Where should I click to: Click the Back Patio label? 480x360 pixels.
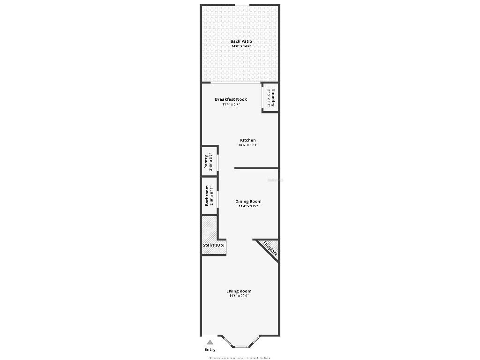(x=241, y=41)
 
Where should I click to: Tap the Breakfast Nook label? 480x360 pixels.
(x=231, y=99)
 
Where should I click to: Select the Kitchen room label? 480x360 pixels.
(x=248, y=140)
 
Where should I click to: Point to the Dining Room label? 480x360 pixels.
(x=248, y=202)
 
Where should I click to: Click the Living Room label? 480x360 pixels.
(x=239, y=291)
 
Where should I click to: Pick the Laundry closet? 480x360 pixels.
(x=270, y=98)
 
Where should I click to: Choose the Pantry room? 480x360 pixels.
(x=209, y=162)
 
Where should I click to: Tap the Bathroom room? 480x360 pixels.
(x=209, y=196)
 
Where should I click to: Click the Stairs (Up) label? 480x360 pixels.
(x=213, y=245)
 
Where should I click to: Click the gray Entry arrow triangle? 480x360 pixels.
(x=210, y=342)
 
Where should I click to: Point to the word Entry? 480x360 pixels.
(x=210, y=350)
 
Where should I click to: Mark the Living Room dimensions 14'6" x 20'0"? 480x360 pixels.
(x=239, y=296)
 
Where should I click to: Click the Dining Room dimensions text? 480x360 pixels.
(x=248, y=206)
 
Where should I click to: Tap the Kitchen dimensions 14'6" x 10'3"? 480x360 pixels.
(x=248, y=145)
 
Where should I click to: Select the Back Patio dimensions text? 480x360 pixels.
(x=241, y=46)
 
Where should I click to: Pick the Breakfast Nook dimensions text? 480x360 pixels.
(x=231, y=104)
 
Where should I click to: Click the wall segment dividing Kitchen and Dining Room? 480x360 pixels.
(x=256, y=168)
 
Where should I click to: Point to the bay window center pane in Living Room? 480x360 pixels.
(x=241, y=346)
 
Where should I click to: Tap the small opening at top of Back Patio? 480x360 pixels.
(x=242, y=5)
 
